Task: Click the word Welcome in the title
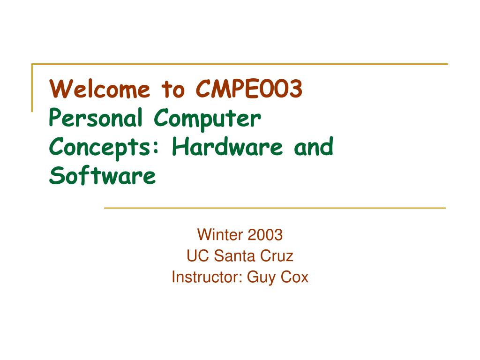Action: pyautogui.click(x=101, y=89)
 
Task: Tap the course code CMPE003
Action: pyautogui.click(x=249, y=89)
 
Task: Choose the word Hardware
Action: pyautogui.click(x=227, y=148)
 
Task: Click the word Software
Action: pyautogui.click(x=102, y=176)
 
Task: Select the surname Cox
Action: pyautogui.click(x=295, y=277)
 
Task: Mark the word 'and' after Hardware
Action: pyautogui.click(x=314, y=148)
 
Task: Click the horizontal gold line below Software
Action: pyautogui.click(x=274, y=208)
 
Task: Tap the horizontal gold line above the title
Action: pyautogui.click(x=239, y=64)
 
